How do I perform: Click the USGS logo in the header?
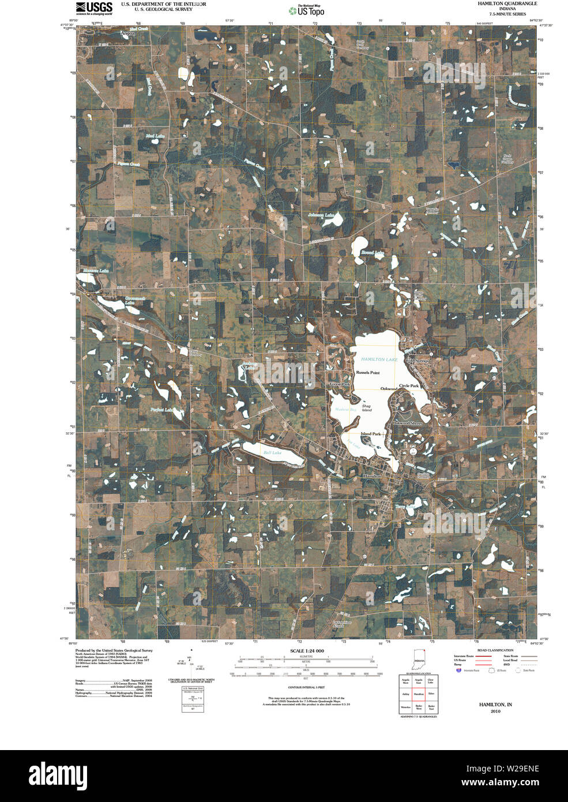tap(94, 8)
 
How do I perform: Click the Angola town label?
tap(127, 33)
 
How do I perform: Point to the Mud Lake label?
tap(155, 137)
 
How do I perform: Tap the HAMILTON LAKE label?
tap(379, 359)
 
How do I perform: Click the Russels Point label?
tap(367, 373)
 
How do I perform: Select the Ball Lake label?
tap(272, 453)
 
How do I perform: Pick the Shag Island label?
tap(366, 407)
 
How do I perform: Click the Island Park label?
tap(371, 434)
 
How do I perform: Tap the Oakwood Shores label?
tap(408, 424)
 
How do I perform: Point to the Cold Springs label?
tap(417, 361)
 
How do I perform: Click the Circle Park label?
tap(408, 385)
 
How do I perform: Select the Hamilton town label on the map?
tap(372, 477)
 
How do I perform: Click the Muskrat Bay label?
tap(346, 410)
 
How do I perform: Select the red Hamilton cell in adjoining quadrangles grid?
tap(419, 694)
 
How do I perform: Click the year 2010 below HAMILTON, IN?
tap(495, 711)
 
